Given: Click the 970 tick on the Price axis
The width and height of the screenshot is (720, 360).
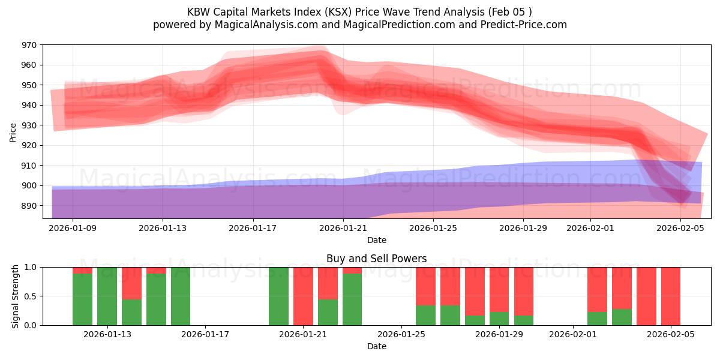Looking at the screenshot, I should tap(29, 45).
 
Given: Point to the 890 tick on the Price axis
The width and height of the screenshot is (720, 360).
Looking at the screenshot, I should tap(29, 206).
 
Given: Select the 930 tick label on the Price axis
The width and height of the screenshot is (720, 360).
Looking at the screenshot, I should tap(29, 125).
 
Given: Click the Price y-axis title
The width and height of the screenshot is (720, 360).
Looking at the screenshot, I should tap(13, 132).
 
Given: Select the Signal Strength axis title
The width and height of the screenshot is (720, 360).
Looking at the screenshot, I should tap(16, 296).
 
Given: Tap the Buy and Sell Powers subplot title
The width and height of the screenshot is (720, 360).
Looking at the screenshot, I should tap(376, 259).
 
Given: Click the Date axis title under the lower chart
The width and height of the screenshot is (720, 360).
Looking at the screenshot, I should tap(376, 346).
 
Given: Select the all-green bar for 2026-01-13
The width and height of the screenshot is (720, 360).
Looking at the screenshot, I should tap(107, 296).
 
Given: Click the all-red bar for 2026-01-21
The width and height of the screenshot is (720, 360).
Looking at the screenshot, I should tap(303, 296).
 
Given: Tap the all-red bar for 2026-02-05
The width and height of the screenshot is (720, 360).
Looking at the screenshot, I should tap(671, 296).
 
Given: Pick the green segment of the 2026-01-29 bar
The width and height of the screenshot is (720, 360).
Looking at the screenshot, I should tap(499, 319).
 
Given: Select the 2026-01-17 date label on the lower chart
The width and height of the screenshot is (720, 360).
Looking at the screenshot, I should tap(205, 334).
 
